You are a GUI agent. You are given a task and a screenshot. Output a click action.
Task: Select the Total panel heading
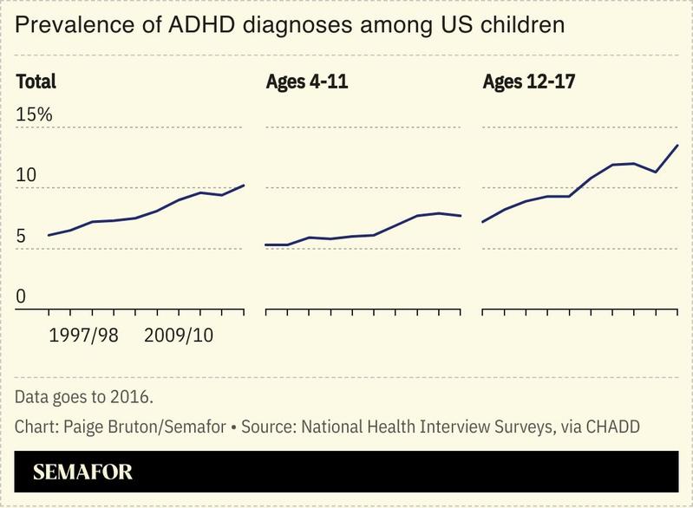pos(36,82)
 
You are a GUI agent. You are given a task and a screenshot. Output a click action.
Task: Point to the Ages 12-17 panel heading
pos(529,82)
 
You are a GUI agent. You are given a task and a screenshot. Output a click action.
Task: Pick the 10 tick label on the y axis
pos(26,175)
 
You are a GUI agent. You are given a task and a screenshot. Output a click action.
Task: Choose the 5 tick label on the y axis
pos(22,237)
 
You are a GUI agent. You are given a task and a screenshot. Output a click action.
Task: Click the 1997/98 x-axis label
pos(83,335)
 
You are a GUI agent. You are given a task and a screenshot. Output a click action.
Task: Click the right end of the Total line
pos(244,186)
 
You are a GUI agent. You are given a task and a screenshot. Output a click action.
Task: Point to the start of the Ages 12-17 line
pos(482,222)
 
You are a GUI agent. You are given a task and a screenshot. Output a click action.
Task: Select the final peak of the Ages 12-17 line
pos(677,146)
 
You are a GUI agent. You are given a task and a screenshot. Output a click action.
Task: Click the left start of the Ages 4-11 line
pos(265,244)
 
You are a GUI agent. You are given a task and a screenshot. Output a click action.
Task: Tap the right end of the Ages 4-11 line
pos(461,216)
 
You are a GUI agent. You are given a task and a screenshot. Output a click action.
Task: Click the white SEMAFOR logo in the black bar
pos(82,473)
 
